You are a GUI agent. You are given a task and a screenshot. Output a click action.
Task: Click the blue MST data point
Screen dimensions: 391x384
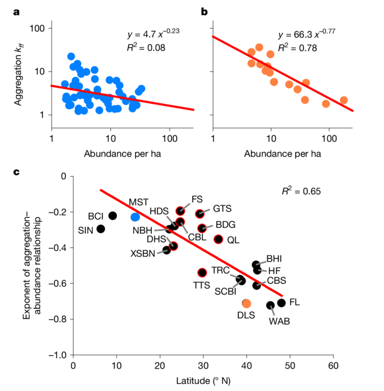tap(135, 217)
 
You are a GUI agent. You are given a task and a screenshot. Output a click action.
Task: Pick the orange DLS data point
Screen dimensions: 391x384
tap(246, 303)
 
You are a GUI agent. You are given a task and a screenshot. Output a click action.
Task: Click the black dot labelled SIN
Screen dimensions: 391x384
tap(101, 229)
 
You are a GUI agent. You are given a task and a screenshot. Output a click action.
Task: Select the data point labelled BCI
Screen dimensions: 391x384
tap(113, 216)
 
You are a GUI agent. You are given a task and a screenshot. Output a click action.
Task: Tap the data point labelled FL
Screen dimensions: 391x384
tap(281, 303)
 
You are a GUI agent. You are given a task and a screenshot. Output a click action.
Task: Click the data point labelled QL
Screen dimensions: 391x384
tap(218, 239)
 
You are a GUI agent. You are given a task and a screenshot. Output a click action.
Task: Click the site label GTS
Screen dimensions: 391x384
tap(223, 209)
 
